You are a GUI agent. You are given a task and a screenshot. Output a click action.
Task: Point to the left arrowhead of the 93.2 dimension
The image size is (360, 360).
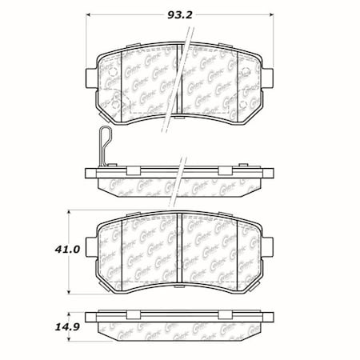[89, 16]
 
